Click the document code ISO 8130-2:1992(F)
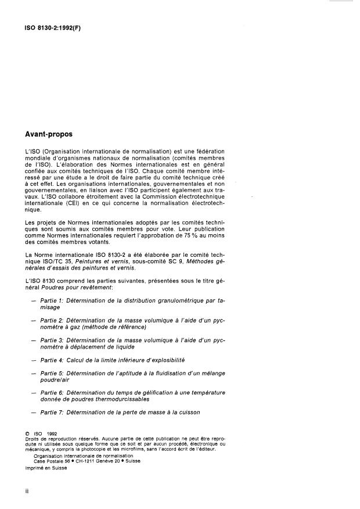click(49, 27)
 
